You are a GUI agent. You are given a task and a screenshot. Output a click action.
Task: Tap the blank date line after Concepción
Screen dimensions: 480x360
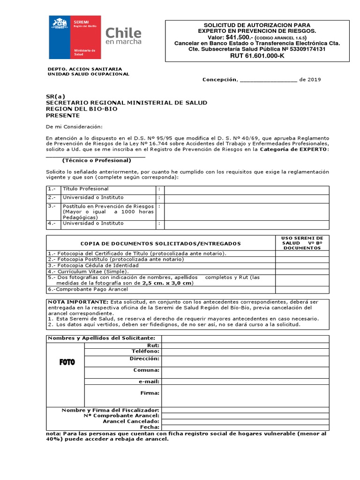(268, 80)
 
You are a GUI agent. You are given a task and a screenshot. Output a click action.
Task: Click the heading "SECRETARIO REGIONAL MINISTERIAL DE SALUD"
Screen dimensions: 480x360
(126, 103)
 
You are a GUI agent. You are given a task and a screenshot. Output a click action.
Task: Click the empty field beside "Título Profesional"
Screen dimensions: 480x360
(247, 189)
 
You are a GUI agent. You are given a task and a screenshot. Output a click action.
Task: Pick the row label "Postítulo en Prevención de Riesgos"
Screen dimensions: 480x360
(108, 206)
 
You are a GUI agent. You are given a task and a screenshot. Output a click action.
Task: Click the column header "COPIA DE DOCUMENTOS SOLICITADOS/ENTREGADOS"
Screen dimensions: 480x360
(161, 244)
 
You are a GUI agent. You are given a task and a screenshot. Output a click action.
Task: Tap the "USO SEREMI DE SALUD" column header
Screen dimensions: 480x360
(302, 243)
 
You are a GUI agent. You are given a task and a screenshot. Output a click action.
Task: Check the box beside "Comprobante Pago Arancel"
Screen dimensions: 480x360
(302, 290)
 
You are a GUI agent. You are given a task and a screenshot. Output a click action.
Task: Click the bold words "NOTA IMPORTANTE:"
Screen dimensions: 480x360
(78, 302)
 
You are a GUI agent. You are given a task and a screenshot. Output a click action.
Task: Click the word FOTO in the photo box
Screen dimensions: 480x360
(67, 362)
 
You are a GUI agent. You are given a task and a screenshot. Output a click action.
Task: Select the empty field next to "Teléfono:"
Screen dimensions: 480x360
(245, 352)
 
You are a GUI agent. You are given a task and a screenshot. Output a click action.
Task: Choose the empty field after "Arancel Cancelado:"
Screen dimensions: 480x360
(245, 421)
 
